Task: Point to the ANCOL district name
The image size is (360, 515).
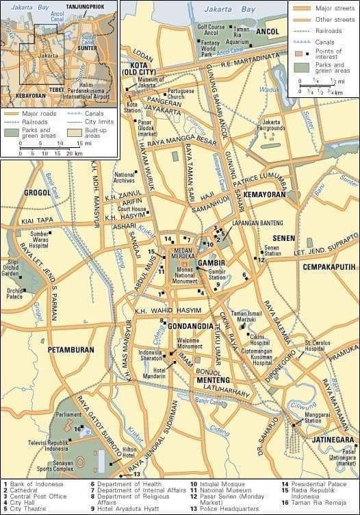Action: [x=269, y=32]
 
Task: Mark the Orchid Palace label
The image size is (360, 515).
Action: [x=14, y=294]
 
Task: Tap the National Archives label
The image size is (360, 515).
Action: [x=125, y=177]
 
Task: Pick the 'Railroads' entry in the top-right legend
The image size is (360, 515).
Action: [x=330, y=31]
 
